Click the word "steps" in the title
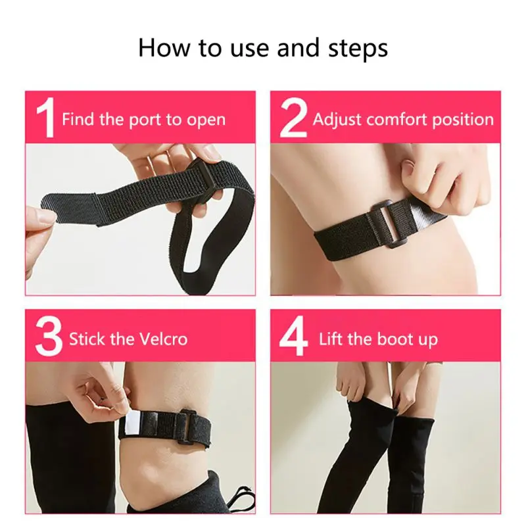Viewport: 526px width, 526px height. pos(358,49)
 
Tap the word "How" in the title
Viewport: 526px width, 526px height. pos(164,47)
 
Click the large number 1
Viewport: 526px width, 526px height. pos(46,118)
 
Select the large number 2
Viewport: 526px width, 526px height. pos(293,118)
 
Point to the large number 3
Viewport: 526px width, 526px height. pos(49,336)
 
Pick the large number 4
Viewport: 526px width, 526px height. pos(293,336)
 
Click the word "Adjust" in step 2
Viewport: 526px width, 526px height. pos(337,120)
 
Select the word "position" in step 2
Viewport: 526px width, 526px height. pos(463,120)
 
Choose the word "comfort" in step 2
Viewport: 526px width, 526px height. pos(397,120)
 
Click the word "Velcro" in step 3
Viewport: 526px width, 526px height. pos(163,339)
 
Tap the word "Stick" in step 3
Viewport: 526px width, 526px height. pos(87,339)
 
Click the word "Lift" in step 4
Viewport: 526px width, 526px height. pos(331,339)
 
